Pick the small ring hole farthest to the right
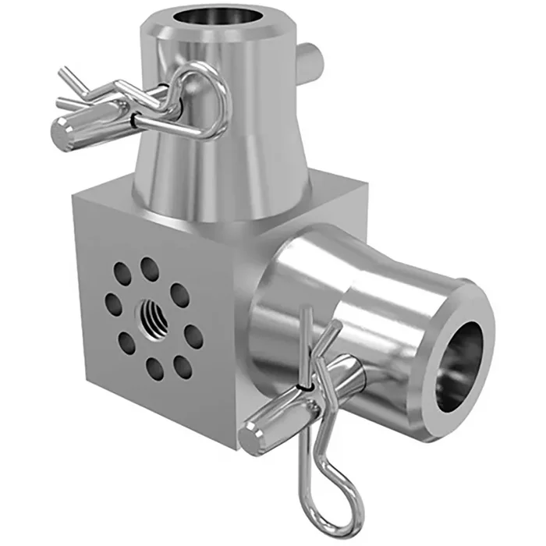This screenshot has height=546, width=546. (x=193, y=338)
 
